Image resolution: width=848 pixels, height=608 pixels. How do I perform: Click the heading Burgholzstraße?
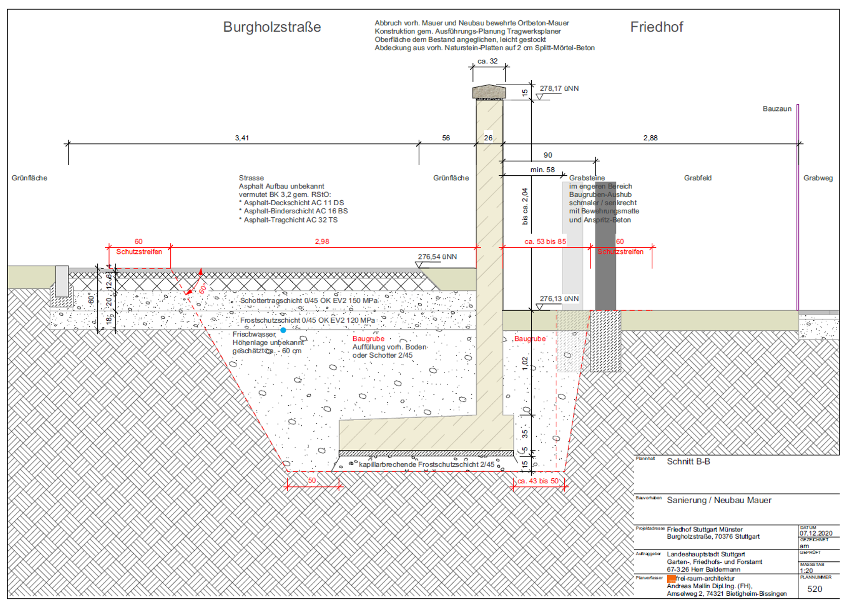click(x=272, y=27)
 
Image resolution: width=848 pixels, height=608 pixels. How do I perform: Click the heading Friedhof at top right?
click(x=656, y=27)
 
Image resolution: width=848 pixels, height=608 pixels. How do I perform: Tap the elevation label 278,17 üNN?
click(x=559, y=89)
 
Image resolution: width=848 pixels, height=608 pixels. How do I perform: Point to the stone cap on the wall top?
click(x=489, y=92)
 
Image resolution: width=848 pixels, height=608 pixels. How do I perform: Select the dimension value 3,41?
click(x=242, y=138)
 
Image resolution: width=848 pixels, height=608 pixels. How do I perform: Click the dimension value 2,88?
click(x=650, y=138)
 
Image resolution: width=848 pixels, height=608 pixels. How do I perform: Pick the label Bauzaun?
click(x=777, y=109)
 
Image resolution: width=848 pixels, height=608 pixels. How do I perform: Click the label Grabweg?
click(x=818, y=178)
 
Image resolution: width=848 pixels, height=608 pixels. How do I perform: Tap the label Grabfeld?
click(x=697, y=178)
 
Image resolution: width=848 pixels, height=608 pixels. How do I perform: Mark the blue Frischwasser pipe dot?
click(x=283, y=330)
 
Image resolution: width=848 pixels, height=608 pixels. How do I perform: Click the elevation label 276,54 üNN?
click(x=437, y=257)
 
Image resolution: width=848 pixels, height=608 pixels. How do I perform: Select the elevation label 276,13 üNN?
click(x=559, y=299)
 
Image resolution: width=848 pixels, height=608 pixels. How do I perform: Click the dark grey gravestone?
click(x=605, y=246)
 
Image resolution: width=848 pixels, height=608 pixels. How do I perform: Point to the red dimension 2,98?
click(x=322, y=242)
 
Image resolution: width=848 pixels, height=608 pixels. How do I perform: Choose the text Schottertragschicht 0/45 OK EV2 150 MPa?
click(x=309, y=301)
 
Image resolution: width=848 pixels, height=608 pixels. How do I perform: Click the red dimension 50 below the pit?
click(x=312, y=480)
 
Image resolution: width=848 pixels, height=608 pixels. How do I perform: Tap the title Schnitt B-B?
click(x=688, y=462)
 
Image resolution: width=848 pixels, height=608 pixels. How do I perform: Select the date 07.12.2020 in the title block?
click(x=816, y=533)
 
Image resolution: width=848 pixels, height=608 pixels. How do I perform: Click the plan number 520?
click(x=815, y=589)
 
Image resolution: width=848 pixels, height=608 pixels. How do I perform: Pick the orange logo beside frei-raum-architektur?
click(x=671, y=579)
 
